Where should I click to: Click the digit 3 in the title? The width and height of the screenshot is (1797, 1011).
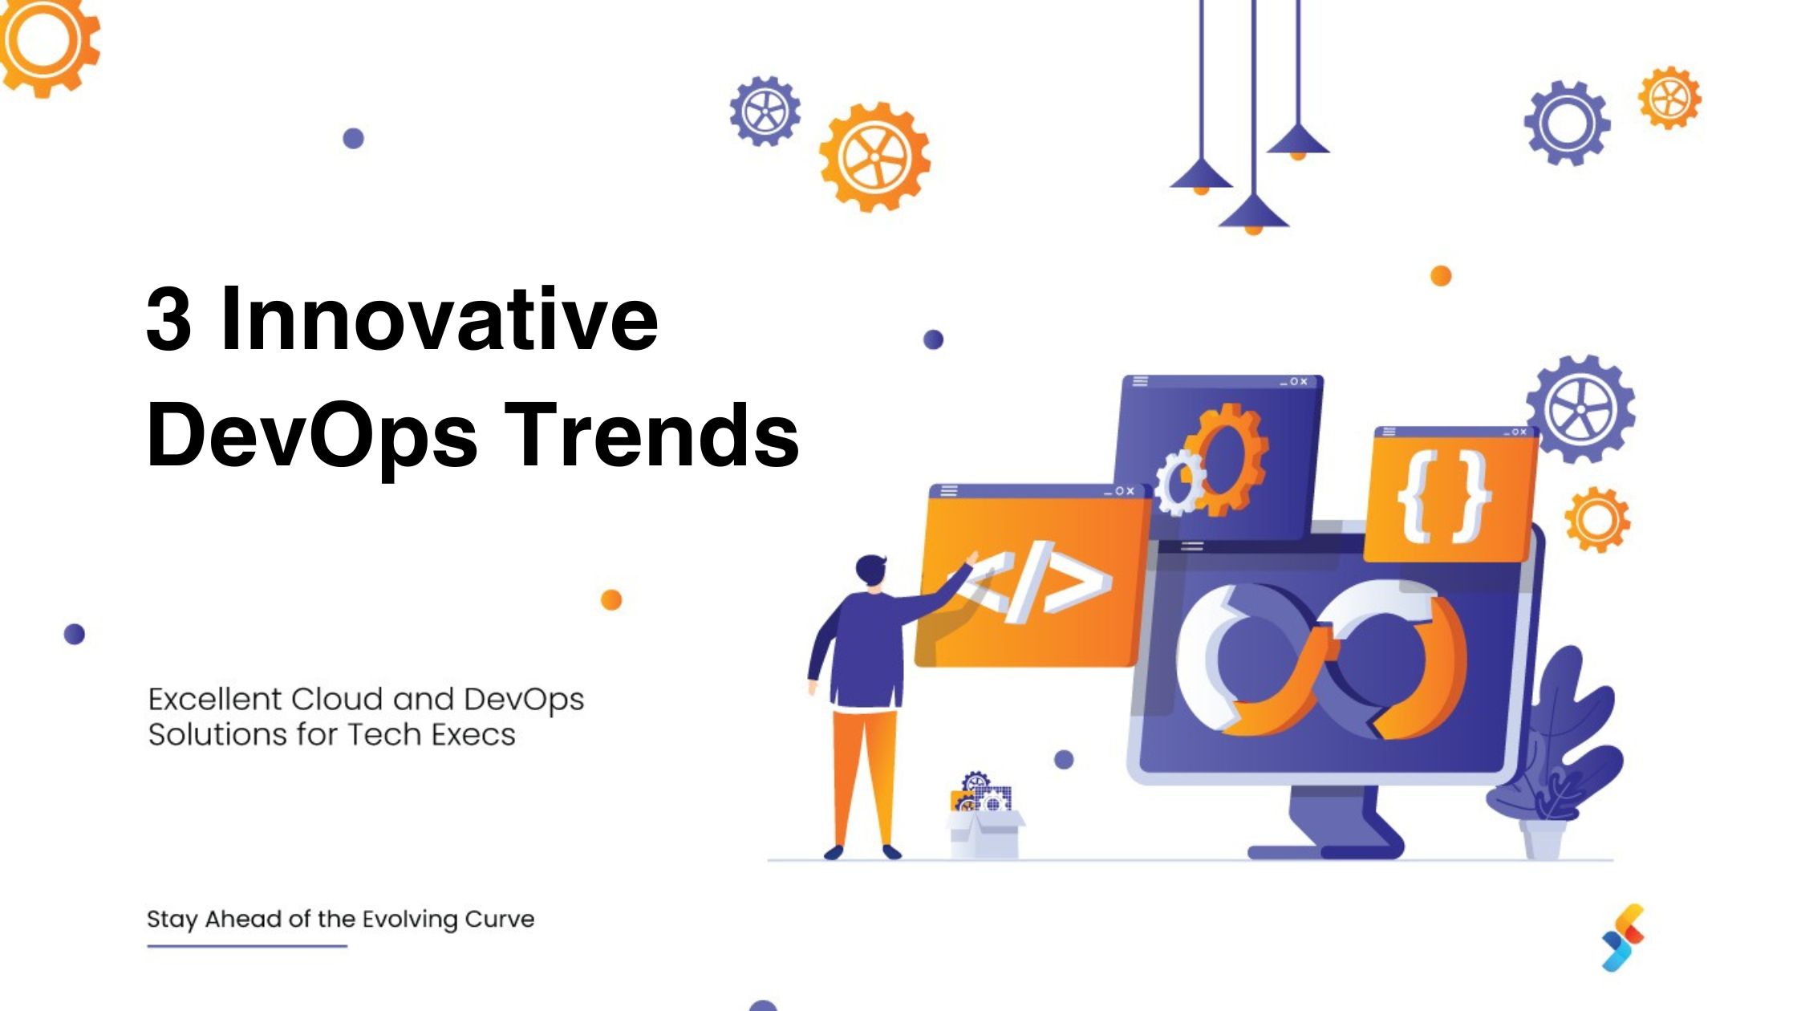[x=168, y=319]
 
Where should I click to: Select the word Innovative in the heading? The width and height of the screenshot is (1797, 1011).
[x=439, y=319]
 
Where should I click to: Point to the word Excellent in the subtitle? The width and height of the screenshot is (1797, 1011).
[x=215, y=700]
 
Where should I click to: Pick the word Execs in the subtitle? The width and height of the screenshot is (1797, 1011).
[x=473, y=735]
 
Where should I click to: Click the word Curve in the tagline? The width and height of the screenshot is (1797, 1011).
[x=499, y=919]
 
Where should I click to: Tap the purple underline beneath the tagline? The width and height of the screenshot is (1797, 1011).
[x=247, y=946]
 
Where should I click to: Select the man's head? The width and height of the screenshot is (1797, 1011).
[x=870, y=571]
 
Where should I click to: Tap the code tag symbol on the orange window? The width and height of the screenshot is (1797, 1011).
[x=1043, y=582]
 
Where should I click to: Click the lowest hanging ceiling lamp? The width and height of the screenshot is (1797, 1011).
[x=1254, y=213]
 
